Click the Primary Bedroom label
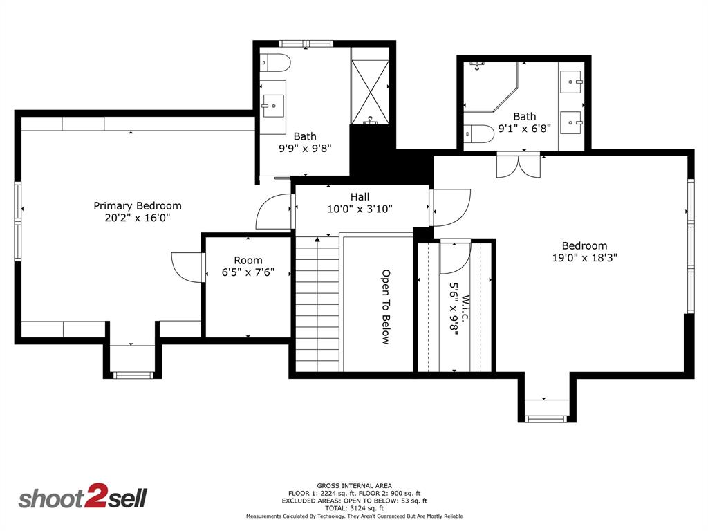(138, 206)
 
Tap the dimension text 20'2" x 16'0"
(138, 218)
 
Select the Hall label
(360, 197)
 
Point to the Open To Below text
(385, 307)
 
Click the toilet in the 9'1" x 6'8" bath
(479, 133)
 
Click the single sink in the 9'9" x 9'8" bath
(273, 106)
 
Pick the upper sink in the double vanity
(571, 82)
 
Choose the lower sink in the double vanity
(571, 122)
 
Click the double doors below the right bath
(519, 166)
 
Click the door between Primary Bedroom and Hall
(274, 212)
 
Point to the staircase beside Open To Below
(317, 304)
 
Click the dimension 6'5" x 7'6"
(248, 272)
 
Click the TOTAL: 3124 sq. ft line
(355, 508)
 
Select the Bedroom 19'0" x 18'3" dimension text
(585, 258)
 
